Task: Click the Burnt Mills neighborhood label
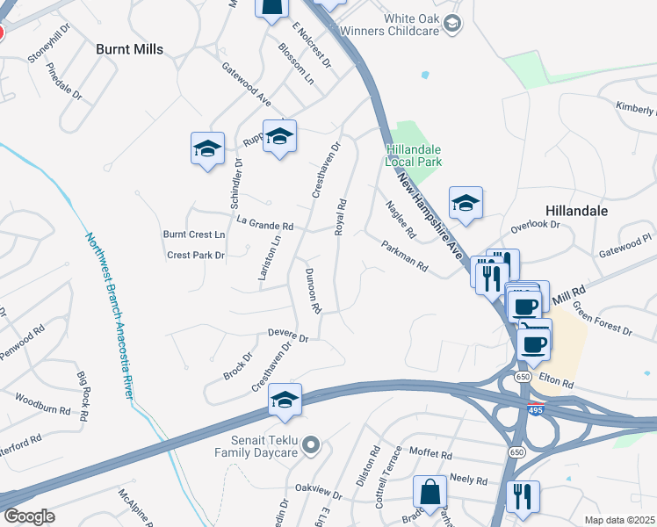pos(130,49)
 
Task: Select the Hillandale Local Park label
pos(414,155)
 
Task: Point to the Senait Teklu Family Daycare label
pos(260,447)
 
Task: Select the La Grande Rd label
pos(264,226)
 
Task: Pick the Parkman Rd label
pos(404,255)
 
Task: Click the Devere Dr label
pos(288,336)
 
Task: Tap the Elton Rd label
pos(557,384)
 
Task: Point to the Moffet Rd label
pos(430,456)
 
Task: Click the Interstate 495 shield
pos(536,409)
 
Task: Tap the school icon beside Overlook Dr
pos(466,204)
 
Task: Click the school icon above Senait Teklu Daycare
pos(285,401)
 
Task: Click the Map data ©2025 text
pos(620,520)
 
